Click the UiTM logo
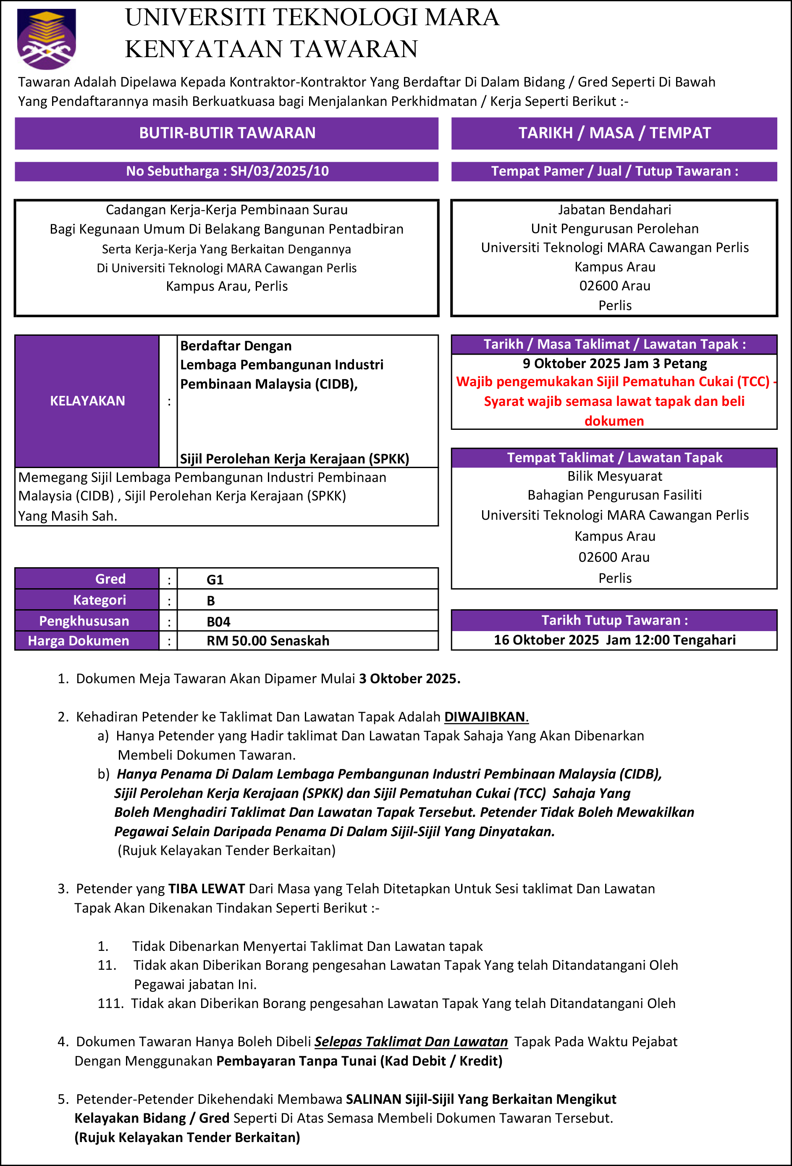click(46, 38)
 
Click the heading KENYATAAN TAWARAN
click(271, 49)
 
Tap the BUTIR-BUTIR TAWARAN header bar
click(227, 133)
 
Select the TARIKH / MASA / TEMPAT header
click(614, 133)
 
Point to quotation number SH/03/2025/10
click(279, 171)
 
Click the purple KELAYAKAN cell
click(87, 401)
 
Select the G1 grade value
click(215, 579)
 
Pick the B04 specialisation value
click(218, 621)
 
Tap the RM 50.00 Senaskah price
click(268, 641)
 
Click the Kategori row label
click(99, 600)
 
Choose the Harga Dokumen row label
click(78, 641)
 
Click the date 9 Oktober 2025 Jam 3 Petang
click(614, 363)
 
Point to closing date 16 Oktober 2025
click(546, 640)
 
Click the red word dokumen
click(614, 421)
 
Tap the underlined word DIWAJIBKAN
click(485, 716)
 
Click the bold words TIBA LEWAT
click(207, 889)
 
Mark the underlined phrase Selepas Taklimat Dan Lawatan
click(411, 1042)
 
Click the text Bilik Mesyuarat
click(614, 476)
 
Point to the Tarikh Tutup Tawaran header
click(614, 620)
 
